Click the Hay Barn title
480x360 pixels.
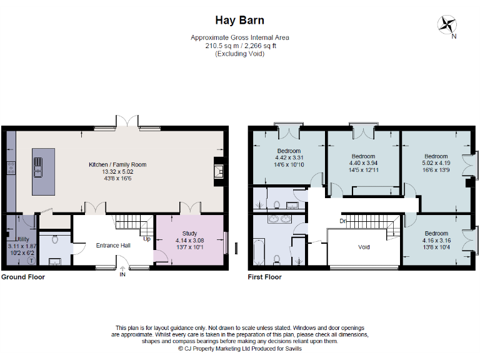click(239, 21)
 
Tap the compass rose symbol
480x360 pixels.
click(448, 25)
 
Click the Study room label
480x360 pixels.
click(189, 233)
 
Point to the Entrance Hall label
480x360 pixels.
click(113, 246)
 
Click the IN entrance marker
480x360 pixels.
click(122, 274)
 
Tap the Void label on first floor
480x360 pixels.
click(364, 247)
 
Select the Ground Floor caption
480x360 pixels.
click(22, 277)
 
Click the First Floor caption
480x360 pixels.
click(264, 277)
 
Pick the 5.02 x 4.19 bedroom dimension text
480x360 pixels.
click(436, 163)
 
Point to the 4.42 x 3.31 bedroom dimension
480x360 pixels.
click(289, 157)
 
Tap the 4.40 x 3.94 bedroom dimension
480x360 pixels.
click(362, 162)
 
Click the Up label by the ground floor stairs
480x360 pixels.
click(147, 239)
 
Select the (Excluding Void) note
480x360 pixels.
click(239, 54)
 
